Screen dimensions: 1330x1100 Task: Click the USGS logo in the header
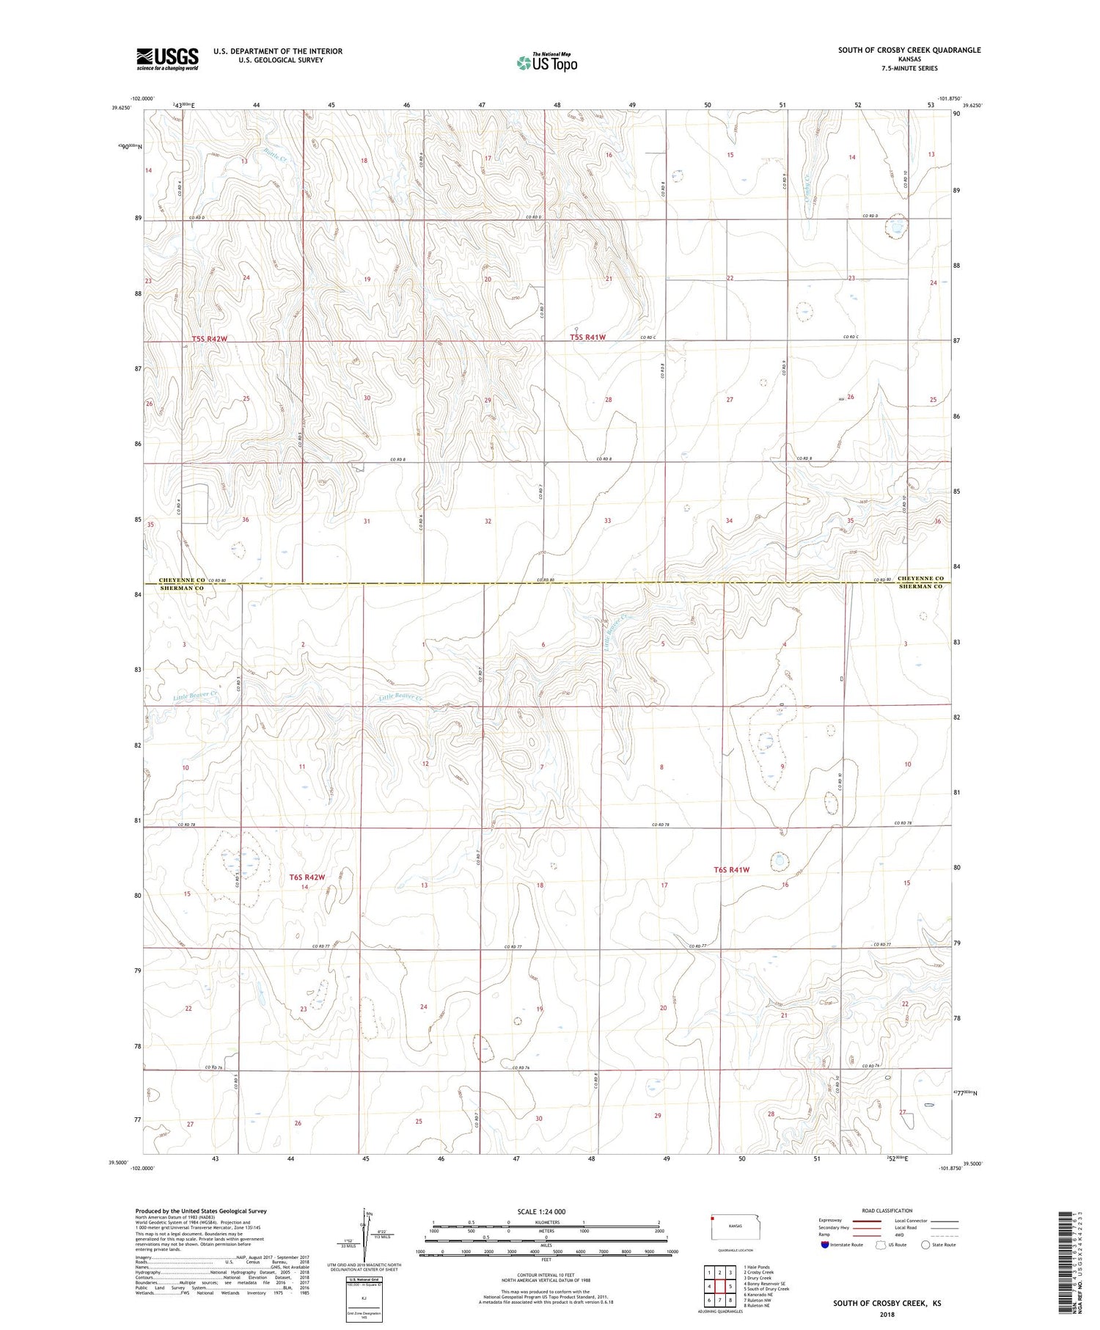click(x=167, y=59)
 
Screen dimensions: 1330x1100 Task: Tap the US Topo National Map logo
click(x=546, y=63)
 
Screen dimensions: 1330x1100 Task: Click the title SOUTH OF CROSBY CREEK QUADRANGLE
click(x=909, y=50)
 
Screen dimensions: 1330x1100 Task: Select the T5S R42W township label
click(x=210, y=339)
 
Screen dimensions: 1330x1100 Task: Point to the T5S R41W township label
click(x=588, y=337)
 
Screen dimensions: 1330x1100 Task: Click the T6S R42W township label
click(x=307, y=877)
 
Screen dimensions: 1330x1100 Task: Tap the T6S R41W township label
click(x=732, y=869)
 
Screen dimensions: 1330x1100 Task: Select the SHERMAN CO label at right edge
click(x=920, y=587)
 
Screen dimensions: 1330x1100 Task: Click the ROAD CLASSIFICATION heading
click(x=887, y=1210)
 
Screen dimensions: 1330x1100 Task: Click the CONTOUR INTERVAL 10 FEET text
click(x=546, y=1275)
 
